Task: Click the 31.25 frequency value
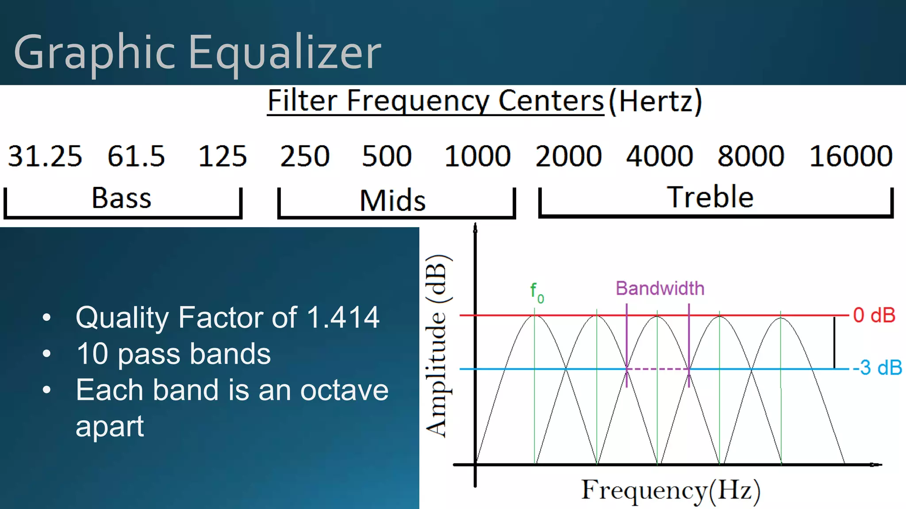tap(45, 156)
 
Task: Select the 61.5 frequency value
tap(136, 156)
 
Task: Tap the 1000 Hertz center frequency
tap(477, 156)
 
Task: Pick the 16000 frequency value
tap(850, 156)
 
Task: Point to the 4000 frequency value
tap(659, 156)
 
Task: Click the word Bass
tap(121, 198)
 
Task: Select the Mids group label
tap(392, 201)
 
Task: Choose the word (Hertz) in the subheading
tap(655, 101)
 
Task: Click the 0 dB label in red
tap(874, 315)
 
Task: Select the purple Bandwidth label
tap(660, 289)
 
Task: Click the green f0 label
tap(537, 292)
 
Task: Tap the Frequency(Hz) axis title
tap(670, 490)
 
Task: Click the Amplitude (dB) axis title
tap(438, 346)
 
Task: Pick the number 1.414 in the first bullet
tap(343, 317)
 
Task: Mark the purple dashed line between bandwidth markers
tap(658, 369)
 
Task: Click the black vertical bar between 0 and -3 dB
tap(834, 342)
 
